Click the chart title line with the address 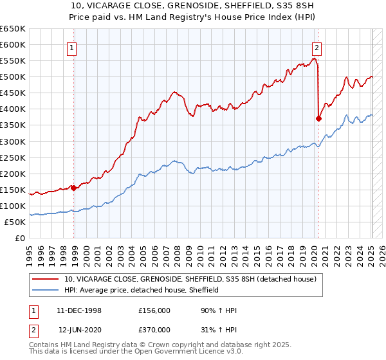[192, 7]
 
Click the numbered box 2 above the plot [317, 47]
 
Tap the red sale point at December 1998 [74, 188]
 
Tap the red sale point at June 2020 [318, 118]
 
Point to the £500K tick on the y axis [14, 77]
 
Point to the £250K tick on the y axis [14, 157]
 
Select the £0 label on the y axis [20, 239]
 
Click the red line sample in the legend [46, 280]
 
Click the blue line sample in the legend [46, 290]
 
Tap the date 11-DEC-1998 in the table [79, 310]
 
